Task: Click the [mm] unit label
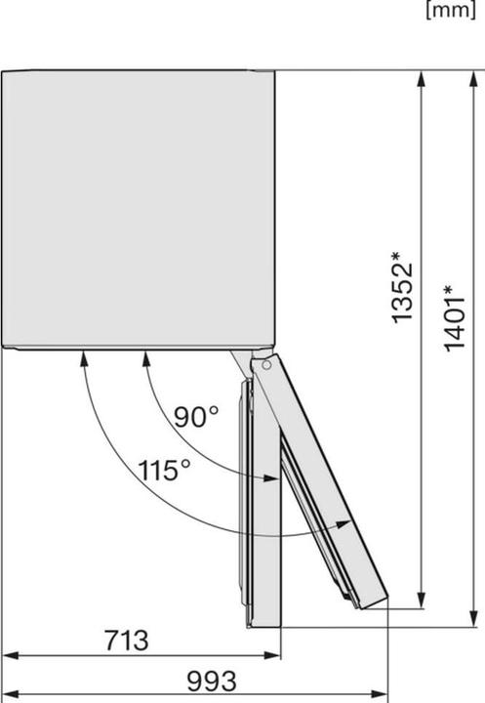pyautogui.click(x=451, y=10)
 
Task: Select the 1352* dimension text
pyautogui.click(x=401, y=287)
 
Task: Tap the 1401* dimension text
pyautogui.click(x=454, y=318)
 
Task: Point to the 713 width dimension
pyautogui.click(x=127, y=641)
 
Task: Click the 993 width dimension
pyautogui.click(x=211, y=682)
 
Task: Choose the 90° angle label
pyautogui.click(x=195, y=417)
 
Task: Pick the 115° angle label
pyautogui.click(x=164, y=471)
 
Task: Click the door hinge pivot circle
pyautogui.click(x=266, y=364)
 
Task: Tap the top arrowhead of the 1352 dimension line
pyautogui.click(x=421, y=79)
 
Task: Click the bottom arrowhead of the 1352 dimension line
pyautogui.click(x=421, y=600)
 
